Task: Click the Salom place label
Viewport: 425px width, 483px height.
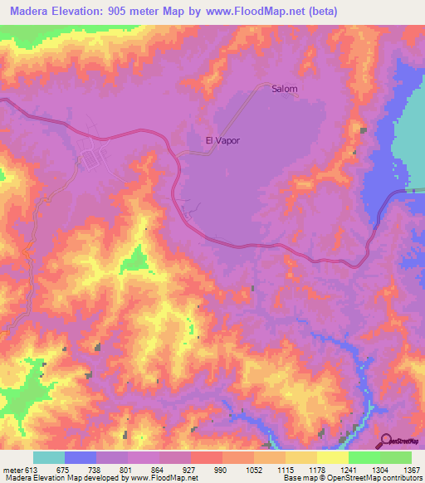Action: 284,89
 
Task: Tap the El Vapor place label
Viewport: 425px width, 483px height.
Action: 222,140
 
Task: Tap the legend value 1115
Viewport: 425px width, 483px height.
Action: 284,470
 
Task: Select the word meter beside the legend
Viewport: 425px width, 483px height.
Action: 12,470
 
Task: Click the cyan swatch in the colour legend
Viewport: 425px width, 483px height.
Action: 49,457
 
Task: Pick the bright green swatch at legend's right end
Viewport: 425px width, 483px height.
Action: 396,457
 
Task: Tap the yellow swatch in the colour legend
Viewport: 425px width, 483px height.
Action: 333,457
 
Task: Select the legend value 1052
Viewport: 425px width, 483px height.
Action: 253,470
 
